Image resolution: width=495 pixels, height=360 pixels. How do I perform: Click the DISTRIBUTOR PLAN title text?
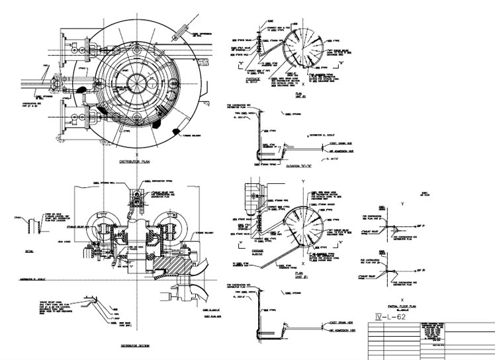coord(136,161)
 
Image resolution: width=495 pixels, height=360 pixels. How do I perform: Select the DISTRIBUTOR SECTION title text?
coord(137,345)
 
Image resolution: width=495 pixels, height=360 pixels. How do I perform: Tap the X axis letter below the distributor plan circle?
coord(136,152)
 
